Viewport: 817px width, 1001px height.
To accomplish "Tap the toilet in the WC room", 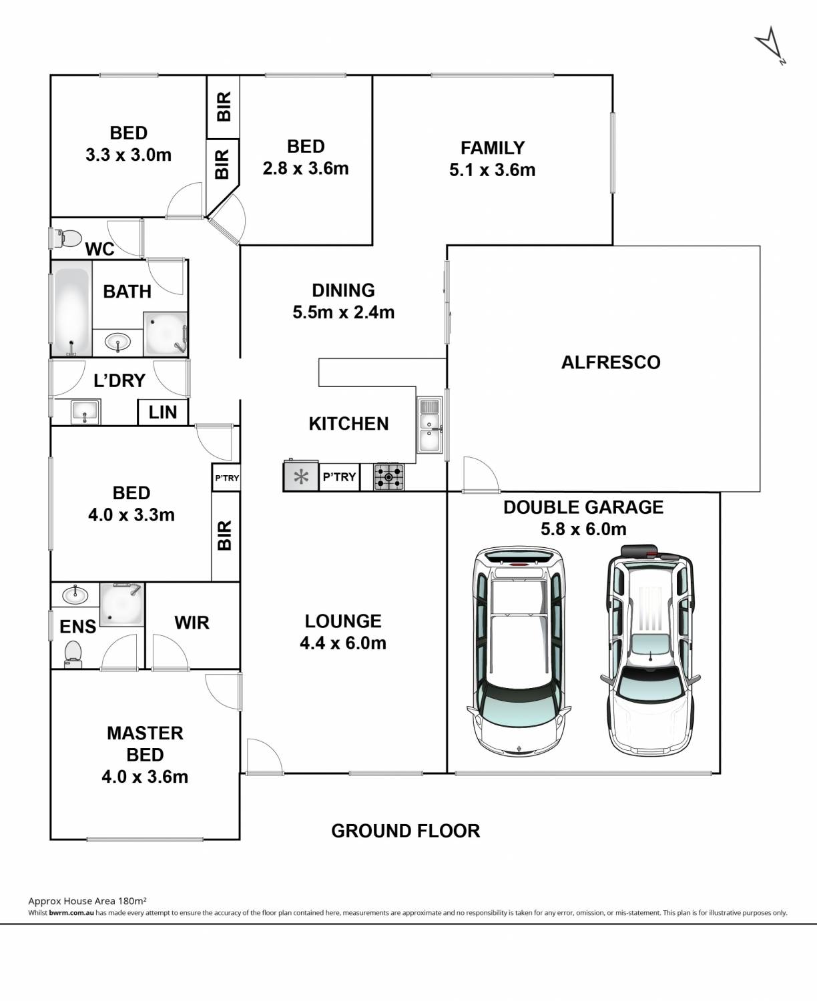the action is (x=68, y=238).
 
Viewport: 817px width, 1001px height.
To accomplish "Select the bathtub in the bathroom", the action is (x=71, y=312).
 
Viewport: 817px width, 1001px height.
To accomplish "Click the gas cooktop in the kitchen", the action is (x=388, y=476).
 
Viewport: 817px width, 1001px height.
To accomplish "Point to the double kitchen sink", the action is (x=430, y=425).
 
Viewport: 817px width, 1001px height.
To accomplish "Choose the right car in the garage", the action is (x=650, y=649).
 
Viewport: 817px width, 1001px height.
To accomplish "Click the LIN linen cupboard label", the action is (x=163, y=412).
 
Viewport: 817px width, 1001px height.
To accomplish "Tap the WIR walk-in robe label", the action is (x=192, y=623).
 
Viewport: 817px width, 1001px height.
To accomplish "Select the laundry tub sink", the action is (x=85, y=412).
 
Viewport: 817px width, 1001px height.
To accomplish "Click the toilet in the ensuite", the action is (x=73, y=654).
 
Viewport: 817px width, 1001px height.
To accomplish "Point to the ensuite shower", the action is (x=122, y=604).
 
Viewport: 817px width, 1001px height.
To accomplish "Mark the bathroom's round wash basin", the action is (x=118, y=342).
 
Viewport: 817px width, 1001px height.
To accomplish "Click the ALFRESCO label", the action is (x=611, y=362).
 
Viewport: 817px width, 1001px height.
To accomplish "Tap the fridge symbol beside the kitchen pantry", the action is (x=301, y=476).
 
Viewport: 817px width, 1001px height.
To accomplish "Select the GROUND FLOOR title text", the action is (x=406, y=831).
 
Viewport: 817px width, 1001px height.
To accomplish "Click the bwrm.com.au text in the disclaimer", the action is (x=71, y=913).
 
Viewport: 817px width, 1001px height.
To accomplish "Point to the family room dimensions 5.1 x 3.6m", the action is (x=493, y=170).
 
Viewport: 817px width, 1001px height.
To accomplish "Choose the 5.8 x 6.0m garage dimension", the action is (x=583, y=529).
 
